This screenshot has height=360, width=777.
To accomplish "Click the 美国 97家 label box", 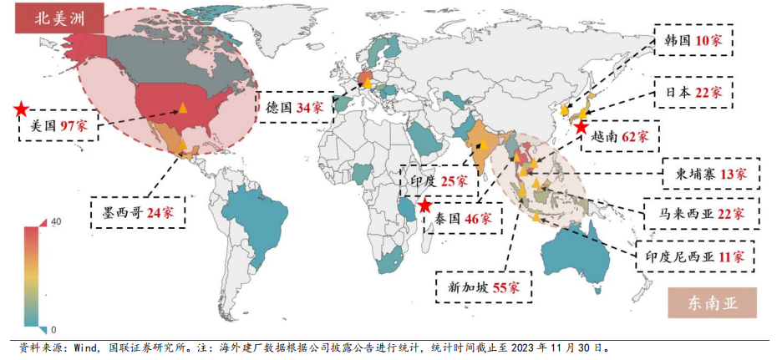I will [58, 127].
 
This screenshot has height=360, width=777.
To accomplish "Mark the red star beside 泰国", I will [424, 205].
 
